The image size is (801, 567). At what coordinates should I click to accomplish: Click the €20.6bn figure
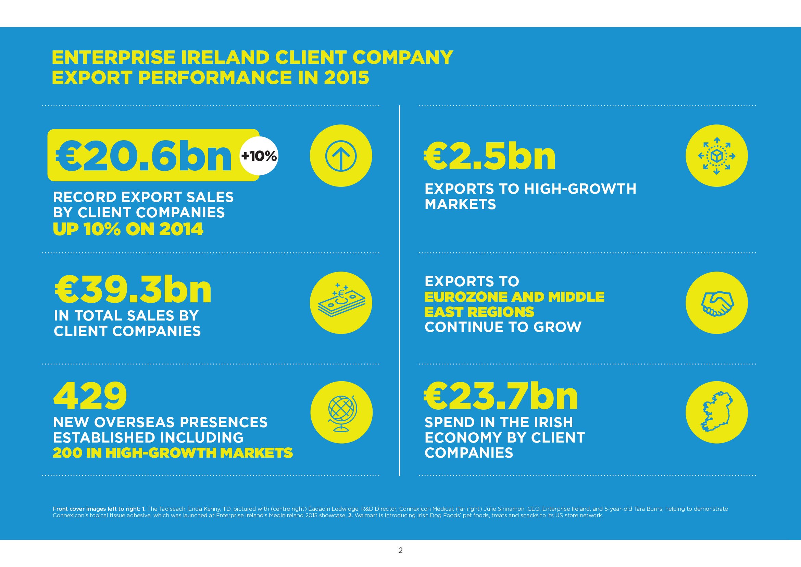point(144,156)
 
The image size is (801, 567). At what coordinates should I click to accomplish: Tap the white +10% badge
point(259,156)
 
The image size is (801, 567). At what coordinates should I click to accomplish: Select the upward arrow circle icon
point(341,156)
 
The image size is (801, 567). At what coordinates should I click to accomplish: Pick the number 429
point(90,396)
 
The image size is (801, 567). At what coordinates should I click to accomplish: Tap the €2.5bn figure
point(489,156)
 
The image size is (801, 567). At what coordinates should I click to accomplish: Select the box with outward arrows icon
point(716,156)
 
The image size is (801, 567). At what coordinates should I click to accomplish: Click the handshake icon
point(716,303)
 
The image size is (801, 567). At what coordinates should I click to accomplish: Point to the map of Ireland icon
point(716,412)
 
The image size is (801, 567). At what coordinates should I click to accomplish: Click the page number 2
point(401,551)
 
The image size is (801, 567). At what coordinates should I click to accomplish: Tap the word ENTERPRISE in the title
point(113,58)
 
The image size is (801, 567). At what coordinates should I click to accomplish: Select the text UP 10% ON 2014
point(128,229)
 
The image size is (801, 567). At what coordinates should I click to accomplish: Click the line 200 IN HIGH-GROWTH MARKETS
point(173,453)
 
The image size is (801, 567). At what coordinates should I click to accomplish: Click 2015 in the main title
point(347,77)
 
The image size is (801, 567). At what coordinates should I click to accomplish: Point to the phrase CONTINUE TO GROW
point(503,327)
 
